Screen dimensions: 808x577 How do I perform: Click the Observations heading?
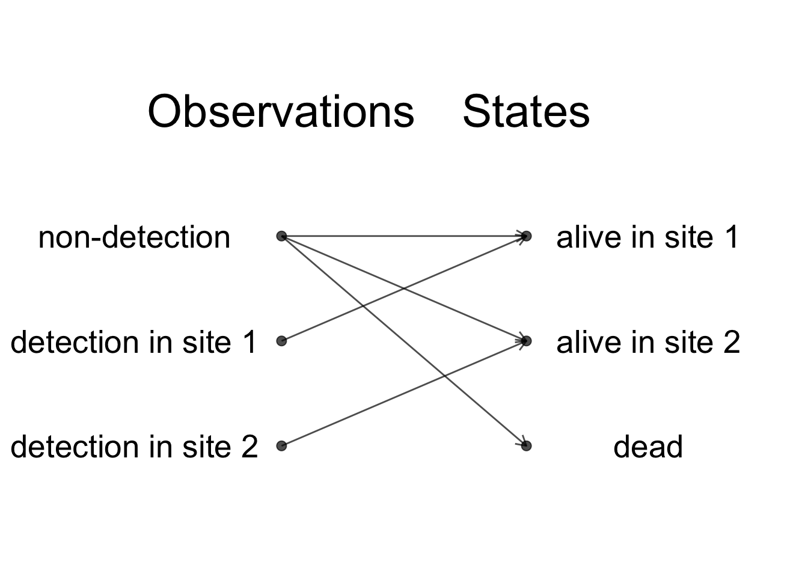pos(281,111)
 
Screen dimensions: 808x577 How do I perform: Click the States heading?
pos(526,111)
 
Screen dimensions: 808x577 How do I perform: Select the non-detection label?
pos(134,237)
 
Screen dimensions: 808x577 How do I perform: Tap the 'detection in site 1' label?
pos(133,341)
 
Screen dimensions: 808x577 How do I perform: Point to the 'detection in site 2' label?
pos(134,447)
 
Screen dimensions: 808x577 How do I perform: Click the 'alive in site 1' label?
pos(648,237)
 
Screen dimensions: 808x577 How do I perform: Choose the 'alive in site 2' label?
pos(648,341)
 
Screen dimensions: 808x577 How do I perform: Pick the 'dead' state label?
pos(648,447)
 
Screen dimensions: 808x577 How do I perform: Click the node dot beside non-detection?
pos(282,236)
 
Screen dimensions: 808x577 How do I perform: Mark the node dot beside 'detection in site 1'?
pos(282,341)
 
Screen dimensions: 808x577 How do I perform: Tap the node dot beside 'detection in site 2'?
pos(282,446)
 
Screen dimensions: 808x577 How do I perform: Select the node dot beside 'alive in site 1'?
pos(526,236)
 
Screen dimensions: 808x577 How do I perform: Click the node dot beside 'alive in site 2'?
pos(526,341)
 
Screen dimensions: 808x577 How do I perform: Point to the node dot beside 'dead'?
pos(526,446)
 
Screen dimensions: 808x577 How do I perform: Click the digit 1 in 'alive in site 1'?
pos(731,237)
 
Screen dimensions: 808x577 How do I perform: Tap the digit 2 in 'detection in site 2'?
pos(249,447)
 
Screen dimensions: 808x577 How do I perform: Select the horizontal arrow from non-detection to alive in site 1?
pos(404,236)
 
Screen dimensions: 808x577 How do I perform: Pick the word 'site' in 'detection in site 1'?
pos(207,341)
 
